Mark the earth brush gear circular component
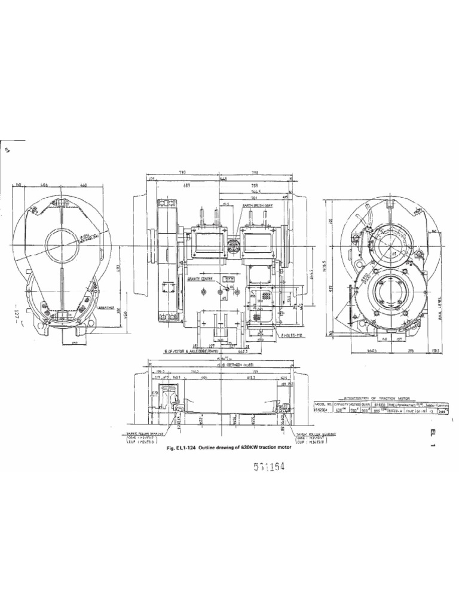click(x=234, y=244)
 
